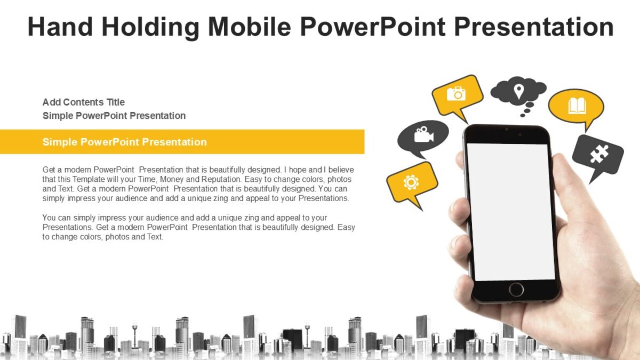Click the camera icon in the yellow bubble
[x=456, y=94]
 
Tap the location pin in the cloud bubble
[x=518, y=91]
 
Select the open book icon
[x=577, y=105]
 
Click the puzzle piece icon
[x=598, y=155]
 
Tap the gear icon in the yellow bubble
[x=411, y=182]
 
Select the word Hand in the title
[x=58, y=27]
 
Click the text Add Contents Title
[x=84, y=102]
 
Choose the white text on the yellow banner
[x=124, y=142]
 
